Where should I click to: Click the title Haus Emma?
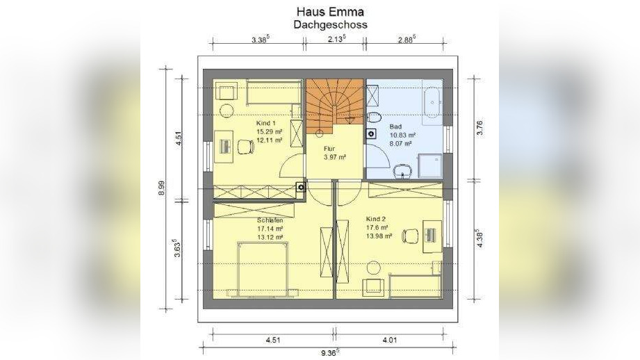[x=330, y=12]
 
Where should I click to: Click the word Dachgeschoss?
[x=330, y=24]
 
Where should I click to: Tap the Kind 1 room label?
[x=266, y=122]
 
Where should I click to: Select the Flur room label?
[x=329, y=148]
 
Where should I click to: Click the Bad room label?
[x=395, y=126]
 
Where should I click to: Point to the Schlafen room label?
[x=269, y=220]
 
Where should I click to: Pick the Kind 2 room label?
[x=376, y=218]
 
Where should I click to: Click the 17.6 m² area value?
[x=376, y=227]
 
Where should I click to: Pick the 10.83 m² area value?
[x=402, y=135]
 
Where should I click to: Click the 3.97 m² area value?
[x=334, y=157]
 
